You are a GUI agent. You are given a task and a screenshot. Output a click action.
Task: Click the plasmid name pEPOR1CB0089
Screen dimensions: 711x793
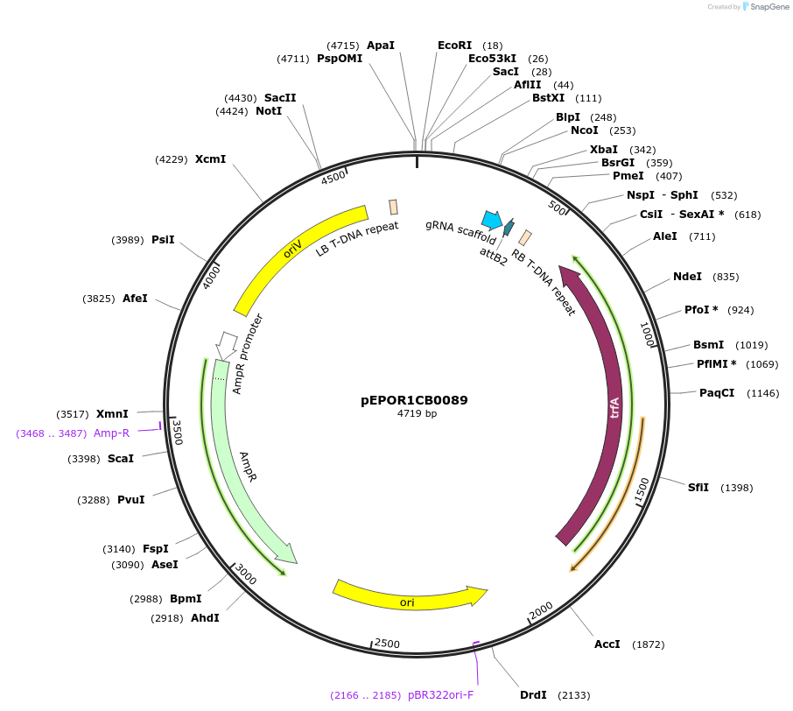click(414, 400)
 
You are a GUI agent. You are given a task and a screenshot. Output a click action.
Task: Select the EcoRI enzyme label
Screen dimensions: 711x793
click(454, 45)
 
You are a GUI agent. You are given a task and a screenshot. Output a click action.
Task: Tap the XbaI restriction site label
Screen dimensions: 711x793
click(604, 150)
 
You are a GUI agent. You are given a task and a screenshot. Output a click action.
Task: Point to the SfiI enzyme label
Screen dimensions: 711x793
click(698, 488)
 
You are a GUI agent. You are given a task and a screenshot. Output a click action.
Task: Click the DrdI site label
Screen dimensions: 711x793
click(533, 694)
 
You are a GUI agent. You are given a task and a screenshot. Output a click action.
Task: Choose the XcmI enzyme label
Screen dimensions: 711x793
click(210, 158)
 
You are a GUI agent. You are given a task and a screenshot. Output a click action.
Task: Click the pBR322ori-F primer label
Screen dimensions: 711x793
click(440, 695)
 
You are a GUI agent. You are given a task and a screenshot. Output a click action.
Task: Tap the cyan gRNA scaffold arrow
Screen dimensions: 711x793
click(492, 219)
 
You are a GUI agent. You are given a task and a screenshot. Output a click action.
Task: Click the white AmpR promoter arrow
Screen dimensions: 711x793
click(227, 343)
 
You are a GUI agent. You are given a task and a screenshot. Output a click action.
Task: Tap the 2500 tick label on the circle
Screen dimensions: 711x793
click(386, 644)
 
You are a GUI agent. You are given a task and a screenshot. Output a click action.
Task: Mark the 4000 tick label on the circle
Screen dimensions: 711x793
click(213, 276)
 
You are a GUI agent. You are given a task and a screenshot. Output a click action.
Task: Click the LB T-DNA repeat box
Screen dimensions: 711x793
click(394, 207)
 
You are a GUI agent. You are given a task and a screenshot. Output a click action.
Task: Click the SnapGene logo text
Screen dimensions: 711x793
click(766, 7)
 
